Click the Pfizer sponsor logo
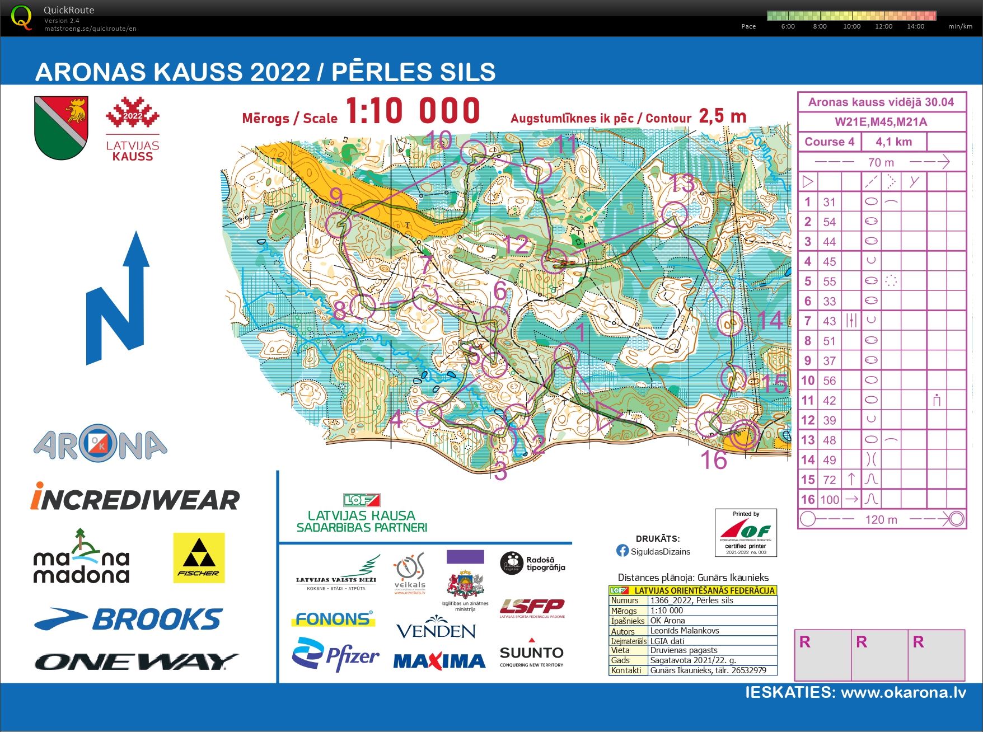point(335,655)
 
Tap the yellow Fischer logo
point(199,557)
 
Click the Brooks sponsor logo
point(129,620)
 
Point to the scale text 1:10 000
point(413,111)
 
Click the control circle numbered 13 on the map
point(674,214)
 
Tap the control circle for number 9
point(338,224)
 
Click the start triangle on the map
point(606,415)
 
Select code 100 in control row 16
point(830,499)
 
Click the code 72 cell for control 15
point(830,480)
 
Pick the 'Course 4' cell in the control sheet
point(829,142)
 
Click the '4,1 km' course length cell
point(893,142)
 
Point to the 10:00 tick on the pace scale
point(851,26)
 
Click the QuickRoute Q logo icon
point(21,17)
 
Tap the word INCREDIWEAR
point(135,499)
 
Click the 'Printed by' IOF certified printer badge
point(746,532)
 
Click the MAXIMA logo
point(439,661)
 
